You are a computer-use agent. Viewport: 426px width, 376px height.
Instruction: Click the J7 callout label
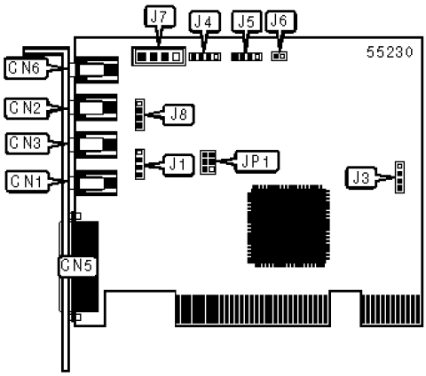(160, 17)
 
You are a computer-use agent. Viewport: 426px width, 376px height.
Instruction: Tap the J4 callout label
(205, 21)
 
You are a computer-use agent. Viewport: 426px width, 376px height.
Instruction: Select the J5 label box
(247, 21)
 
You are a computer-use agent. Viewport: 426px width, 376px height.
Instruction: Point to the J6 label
(280, 20)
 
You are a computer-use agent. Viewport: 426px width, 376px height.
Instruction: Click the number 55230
(390, 52)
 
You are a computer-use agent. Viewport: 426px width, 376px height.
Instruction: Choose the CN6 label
(26, 68)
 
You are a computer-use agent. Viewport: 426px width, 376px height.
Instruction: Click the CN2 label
(26, 108)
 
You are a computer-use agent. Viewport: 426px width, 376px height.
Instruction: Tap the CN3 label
(27, 144)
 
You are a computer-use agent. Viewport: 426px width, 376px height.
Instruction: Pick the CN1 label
(28, 181)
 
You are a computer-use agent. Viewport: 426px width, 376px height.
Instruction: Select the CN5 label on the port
(77, 266)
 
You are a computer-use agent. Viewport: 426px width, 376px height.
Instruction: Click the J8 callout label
(178, 114)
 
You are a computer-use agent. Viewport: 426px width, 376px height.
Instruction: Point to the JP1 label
(256, 161)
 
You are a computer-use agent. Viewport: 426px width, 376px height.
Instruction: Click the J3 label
(361, 178)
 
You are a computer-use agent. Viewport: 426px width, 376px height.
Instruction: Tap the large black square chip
(288, 226)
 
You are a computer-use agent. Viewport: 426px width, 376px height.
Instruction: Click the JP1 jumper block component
(208, 162)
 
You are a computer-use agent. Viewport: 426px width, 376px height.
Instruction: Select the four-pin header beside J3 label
(399, 177)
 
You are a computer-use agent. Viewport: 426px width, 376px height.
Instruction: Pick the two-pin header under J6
(279, 56)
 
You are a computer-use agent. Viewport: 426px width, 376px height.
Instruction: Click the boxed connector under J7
(159, 56)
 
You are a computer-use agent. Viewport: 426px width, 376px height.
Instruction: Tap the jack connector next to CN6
(97, 70)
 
